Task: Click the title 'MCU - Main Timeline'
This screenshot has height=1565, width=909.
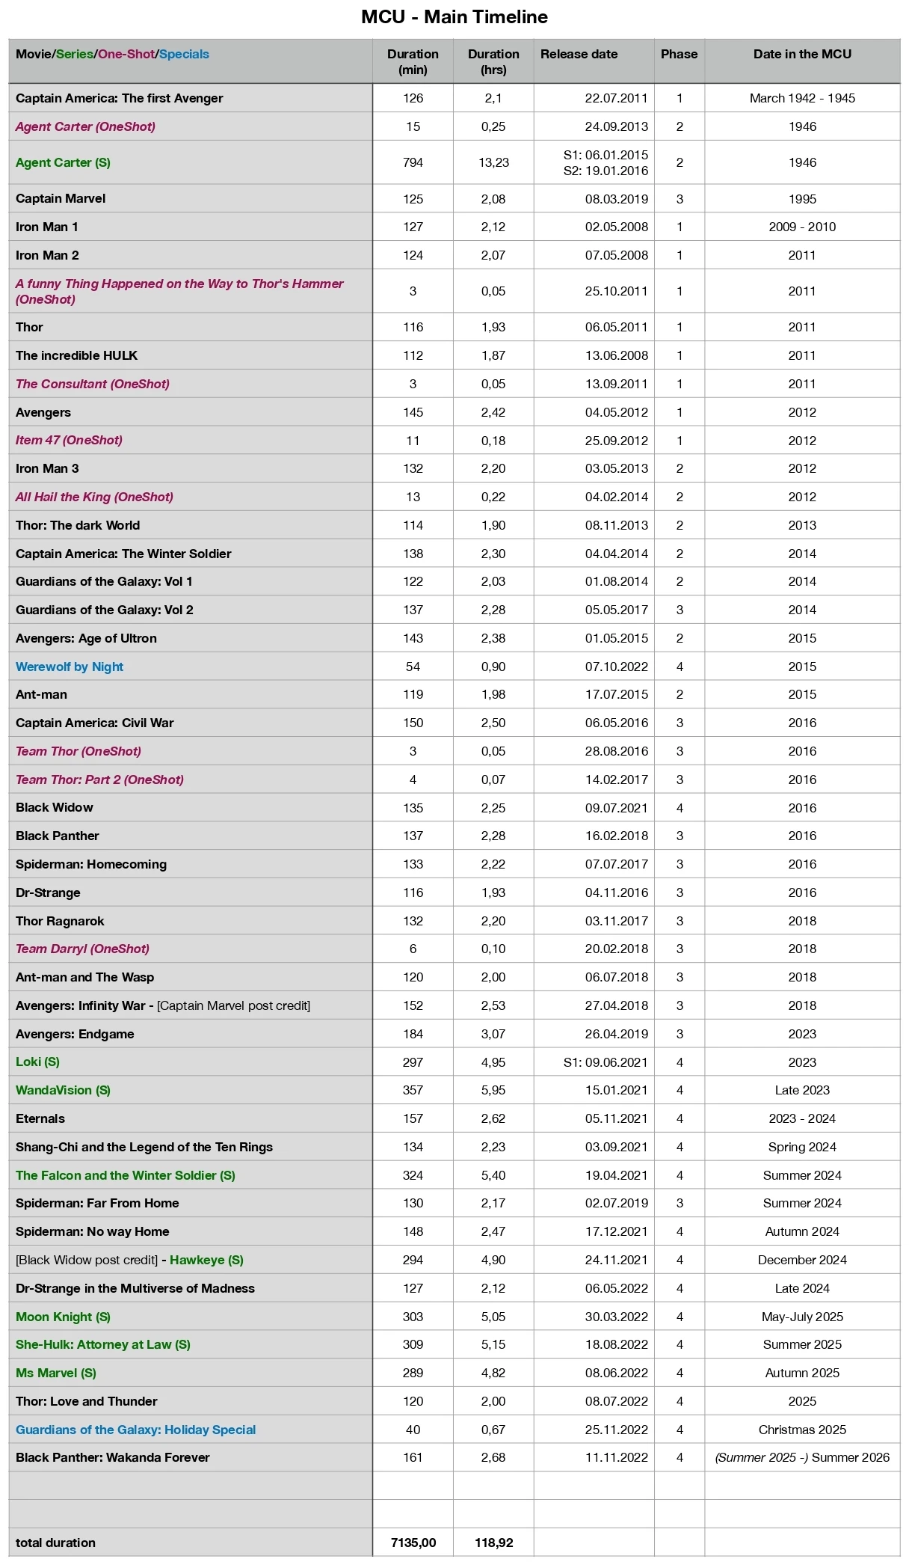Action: pyautogui.click(x=454, y=16)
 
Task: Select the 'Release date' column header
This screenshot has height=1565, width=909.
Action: pyautogui.click(x=579, y=54)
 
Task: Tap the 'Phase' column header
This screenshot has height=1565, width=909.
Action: pyautogui.click(x=679, y=54)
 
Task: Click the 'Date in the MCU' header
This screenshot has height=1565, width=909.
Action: pyautogui.click(x=802, y=54)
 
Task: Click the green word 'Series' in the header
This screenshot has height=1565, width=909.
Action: pyautogui.click(x=75, y=54)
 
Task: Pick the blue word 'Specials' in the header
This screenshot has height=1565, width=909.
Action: pyautogui.click(x=184, y=54)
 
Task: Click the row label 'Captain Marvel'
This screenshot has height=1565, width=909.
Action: pyautogui.click(x=61, y=198)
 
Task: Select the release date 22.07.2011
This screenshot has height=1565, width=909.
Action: pyautogui.click(x=616, y=98)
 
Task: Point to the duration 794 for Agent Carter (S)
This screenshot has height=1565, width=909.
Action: pyautogui.click(x=413, y=162)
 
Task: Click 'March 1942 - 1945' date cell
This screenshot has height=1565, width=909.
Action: pyautogui.click(x=802, y=98)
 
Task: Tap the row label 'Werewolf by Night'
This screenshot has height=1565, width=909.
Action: pyautogui.click(x=70, y=667)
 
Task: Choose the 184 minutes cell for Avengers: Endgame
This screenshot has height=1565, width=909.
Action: pyautogui.click(x=413, y=1034)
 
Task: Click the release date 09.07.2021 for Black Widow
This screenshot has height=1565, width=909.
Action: pyautogui.click(x=616, y=808)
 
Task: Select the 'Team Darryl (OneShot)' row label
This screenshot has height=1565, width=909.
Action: pyautogui.click(x=82, y=949)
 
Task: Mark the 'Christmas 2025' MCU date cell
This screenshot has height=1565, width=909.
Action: pyautogui.click(x=802, y=1430)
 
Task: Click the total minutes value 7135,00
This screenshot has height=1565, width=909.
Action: pyautogui.click(x=413, y=1543)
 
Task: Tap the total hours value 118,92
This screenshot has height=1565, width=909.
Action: pyautogui.click(x=493, y=1543)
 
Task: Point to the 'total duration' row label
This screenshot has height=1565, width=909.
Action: pyautogui.click(x=55, y=1543)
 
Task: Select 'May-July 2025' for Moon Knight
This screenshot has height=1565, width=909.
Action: pyautogui.click(x=802, y=1317)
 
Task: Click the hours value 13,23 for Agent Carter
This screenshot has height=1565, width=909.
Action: pyautogui.click(x=493, y=162)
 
